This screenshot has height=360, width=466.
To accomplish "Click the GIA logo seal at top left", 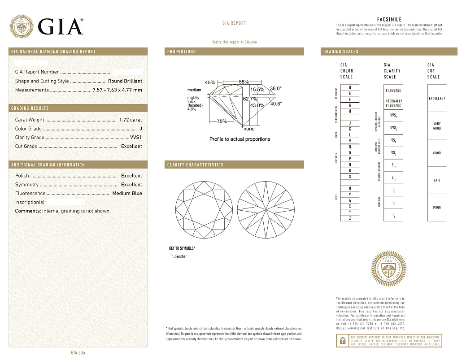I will coord(22,26).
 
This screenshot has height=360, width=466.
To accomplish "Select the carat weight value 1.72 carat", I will coord(131,120).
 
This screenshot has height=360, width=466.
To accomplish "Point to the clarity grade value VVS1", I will coord(135,138).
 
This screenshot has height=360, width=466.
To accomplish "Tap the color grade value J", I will coord(141,129).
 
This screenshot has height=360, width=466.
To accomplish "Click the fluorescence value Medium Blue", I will coord(127,193).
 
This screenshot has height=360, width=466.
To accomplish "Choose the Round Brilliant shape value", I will coord(125,81).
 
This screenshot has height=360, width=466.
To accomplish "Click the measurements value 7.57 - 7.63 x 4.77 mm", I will coord(117,90).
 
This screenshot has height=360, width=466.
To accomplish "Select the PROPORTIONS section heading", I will coord(182,52).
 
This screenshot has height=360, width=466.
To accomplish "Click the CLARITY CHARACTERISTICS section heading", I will coord(195,165).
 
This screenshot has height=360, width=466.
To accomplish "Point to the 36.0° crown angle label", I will coord(276,88).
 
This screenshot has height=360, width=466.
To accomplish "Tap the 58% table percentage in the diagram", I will coord(244,82).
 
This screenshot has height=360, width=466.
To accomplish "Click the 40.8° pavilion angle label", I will coord(276,104).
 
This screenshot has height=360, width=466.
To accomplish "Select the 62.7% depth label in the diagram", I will coord(250,99).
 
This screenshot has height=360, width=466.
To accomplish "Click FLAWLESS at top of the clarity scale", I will coord(393,91).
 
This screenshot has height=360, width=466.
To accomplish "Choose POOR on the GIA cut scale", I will coord(437,208).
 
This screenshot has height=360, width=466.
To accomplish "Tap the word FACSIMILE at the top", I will coord(389,19).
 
